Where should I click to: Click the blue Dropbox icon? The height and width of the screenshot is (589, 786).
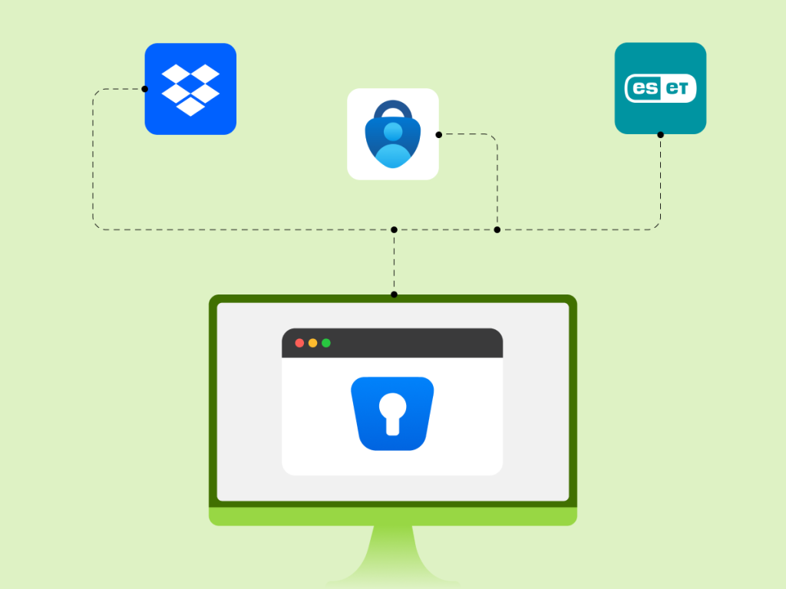[x=190, y=89]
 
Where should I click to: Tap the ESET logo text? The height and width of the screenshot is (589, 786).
[x=660, y=88]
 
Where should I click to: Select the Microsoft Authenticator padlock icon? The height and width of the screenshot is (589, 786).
[x=392, y=134]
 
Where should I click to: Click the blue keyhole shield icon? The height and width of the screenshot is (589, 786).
[x=392, y=413]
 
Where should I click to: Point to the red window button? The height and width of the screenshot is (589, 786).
[x=299, y=343]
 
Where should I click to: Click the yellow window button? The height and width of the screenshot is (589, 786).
[x=312, y=343]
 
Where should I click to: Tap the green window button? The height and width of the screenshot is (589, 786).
[x=325, y=343]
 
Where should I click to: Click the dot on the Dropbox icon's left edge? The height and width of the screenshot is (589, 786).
[x=145, y=89]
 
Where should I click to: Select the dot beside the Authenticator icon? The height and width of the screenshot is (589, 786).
[x=438, y=135]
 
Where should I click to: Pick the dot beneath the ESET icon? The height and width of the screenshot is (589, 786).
[x=660, y=134]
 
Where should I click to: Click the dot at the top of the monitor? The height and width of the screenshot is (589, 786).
[x=394, y=294]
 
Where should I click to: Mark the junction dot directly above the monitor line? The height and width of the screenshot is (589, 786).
[x=394, y=229]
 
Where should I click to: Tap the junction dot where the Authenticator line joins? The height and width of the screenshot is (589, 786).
[x=497, y=229]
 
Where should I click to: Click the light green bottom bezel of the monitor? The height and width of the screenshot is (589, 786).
[x=392, y=516]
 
